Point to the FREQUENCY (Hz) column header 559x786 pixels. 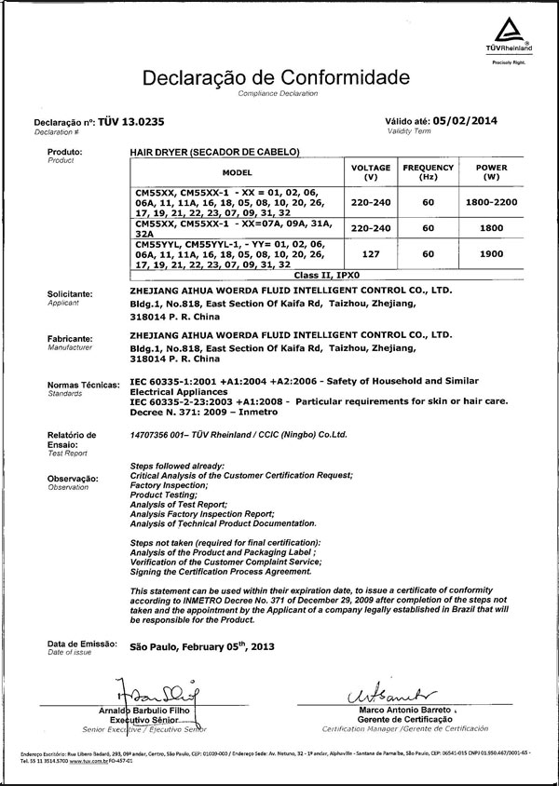429,171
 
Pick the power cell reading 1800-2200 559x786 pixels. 491,201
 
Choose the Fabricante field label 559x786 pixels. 71,339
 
